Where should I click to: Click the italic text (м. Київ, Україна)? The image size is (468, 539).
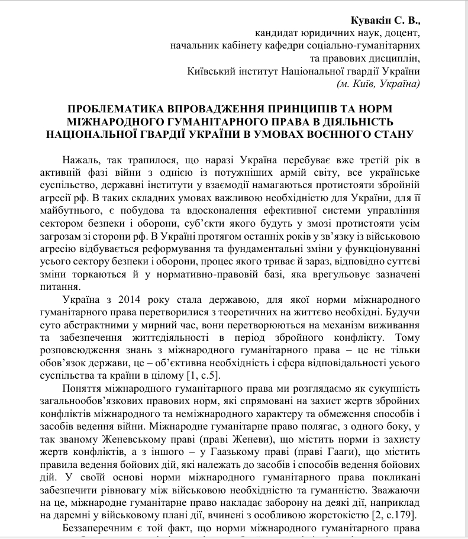click(377, 84)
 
